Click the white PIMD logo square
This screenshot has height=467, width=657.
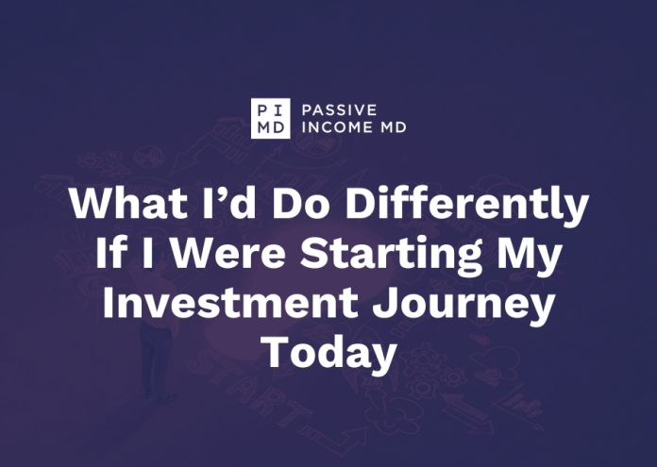[x=271, y=119]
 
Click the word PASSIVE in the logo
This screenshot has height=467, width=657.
[x=340, y=110]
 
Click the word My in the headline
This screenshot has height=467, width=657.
[x=529, y=256]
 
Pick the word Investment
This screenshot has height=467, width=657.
[x=230, y=303]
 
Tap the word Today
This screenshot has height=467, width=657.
[x=328, y=355]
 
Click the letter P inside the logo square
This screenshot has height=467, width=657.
[x=262, y=110]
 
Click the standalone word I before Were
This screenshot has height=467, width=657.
[x=147, y=253]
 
